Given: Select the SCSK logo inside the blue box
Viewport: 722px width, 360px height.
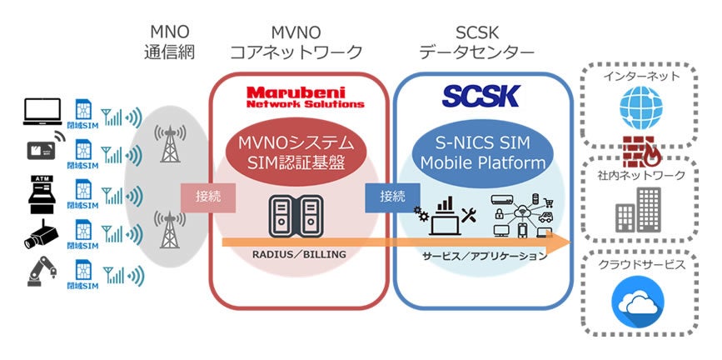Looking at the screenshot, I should (481, 95).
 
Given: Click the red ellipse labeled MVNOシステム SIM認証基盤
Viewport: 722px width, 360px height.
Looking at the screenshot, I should (301, 149).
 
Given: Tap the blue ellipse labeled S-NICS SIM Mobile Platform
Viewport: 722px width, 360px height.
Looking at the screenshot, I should (481, 149).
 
